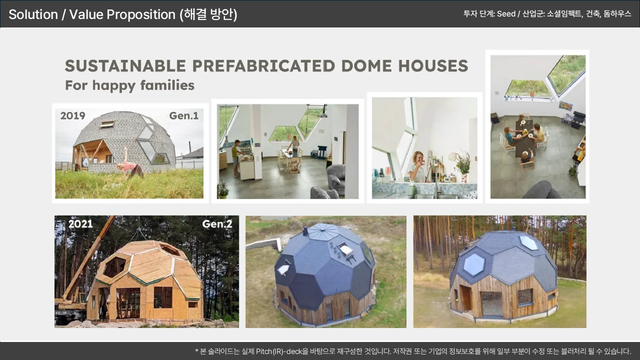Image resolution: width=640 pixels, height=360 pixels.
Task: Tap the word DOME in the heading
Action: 366,65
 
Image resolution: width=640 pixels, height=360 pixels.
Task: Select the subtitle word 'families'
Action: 167,85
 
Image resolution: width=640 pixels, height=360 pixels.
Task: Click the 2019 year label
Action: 72,115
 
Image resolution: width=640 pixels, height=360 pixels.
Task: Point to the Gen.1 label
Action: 183,115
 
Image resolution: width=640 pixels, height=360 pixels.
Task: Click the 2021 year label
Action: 80,223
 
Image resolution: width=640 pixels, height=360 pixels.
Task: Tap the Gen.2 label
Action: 217,223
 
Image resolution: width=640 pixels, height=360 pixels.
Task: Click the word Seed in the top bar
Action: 506,13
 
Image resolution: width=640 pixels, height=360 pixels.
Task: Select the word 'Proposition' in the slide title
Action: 141,14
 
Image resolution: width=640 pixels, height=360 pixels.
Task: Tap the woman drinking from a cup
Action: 417,166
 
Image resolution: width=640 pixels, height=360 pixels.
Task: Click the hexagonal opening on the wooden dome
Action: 114,267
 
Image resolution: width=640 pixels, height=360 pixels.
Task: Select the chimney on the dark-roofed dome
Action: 305,231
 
